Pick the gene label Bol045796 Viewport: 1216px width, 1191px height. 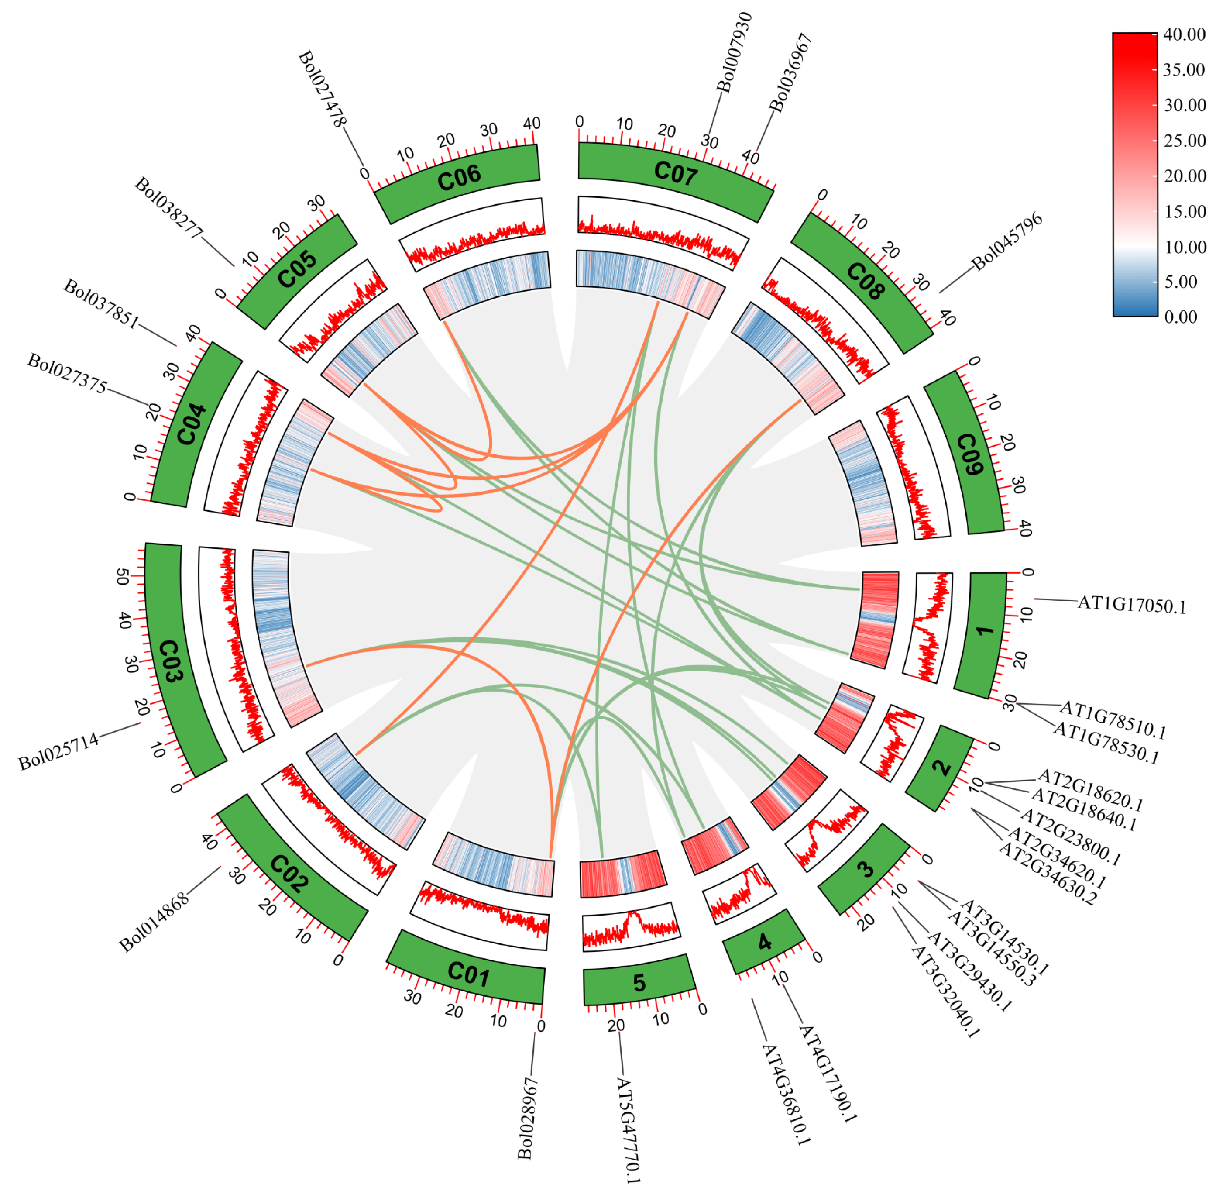pos(1007,241)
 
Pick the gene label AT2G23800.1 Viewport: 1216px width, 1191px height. pos(1070,837)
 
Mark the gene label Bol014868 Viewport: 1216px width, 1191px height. pos(153,923)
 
